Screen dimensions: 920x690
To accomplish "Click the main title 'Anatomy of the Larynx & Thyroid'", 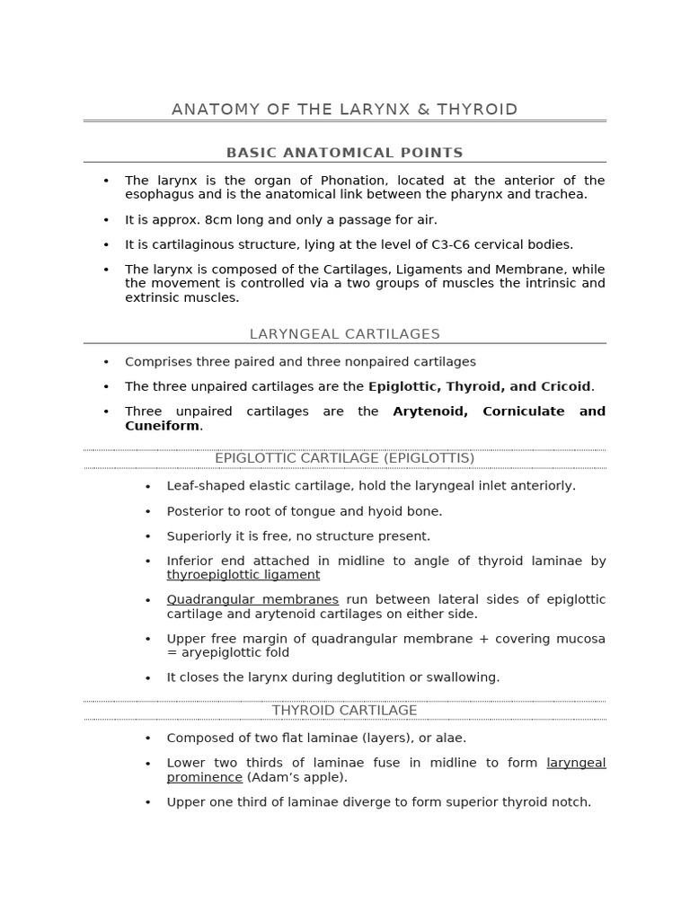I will coord(344,110).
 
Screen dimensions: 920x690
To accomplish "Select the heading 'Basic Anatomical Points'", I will coord(344,153).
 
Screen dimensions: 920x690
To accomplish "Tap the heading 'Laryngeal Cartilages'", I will coord(344,334).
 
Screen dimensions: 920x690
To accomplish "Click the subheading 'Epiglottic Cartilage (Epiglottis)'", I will coord(344,458).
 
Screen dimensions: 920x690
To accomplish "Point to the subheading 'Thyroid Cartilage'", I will coord(344,710).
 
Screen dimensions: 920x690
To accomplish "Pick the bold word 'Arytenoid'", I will coord(431,411).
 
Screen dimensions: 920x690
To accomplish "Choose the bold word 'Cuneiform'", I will coord(162,426).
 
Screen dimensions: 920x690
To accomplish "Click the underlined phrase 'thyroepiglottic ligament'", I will coord(243,575).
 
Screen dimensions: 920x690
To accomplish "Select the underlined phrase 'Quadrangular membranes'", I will coord(252,599).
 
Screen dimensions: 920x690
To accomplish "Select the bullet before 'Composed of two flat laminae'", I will coord(148,738).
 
